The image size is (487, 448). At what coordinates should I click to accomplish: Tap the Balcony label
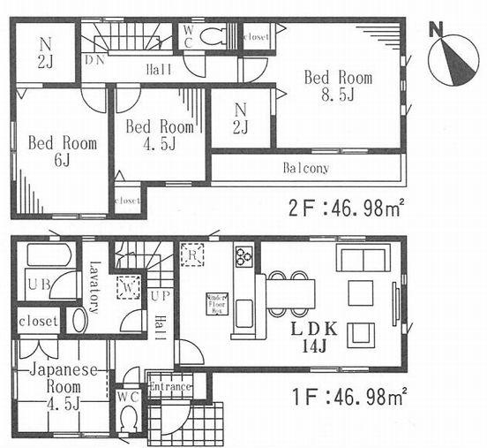(x=306, y=168)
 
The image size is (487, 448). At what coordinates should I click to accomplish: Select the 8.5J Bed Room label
(x=337, y=86)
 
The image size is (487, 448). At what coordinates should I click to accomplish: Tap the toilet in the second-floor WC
(x=213, y=36)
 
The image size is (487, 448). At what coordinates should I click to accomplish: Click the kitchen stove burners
(x=244, y=257)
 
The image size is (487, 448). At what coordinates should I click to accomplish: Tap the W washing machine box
(x=130, y=288)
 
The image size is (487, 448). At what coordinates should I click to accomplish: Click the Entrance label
(x=170, y=387)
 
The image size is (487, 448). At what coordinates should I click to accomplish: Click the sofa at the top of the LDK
(x=361, y=260)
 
